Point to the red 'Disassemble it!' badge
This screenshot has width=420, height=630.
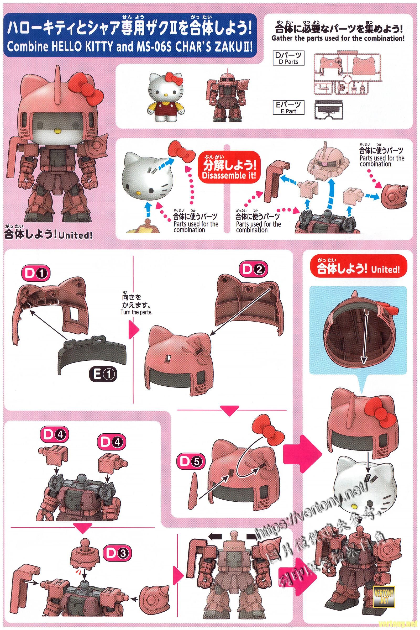click(x=226, y=171)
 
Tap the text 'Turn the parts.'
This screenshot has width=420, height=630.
click(x=136, y=313)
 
